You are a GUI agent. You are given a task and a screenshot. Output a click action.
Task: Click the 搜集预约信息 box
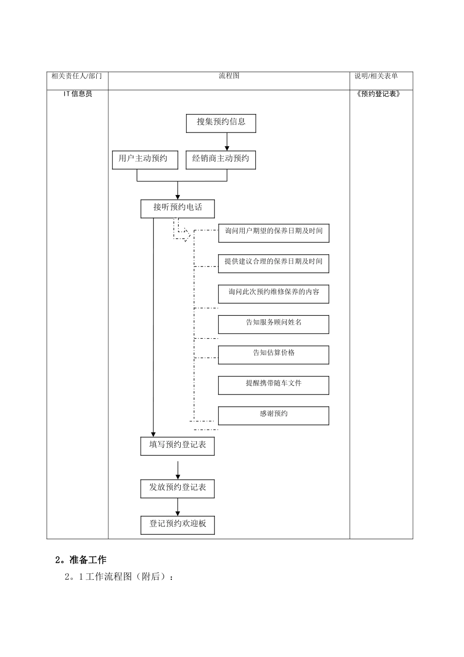coord(221,123)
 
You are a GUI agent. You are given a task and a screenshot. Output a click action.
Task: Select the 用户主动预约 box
coord(145,159)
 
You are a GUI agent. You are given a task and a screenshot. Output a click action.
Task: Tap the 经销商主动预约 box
coord(221,159)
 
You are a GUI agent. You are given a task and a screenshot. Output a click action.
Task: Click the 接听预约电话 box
coord(177,208)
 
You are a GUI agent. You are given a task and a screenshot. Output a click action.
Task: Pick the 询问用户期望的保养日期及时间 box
coord(274,233)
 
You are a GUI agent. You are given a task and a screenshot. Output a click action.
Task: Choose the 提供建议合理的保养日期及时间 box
coord(274,263)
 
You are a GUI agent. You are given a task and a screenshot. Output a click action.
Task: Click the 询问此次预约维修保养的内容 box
coord(274,294)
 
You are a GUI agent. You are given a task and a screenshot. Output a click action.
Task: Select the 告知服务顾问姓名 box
coord(274,324)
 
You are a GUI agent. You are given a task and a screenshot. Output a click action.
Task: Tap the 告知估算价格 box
coord(274,354)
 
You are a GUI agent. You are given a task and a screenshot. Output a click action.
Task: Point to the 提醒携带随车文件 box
coord(274,385)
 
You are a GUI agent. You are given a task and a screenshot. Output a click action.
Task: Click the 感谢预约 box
coord(274,416)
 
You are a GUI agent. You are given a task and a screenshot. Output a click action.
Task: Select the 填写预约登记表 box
coord(177,445)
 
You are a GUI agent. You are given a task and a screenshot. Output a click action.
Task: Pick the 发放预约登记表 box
coord(177,488)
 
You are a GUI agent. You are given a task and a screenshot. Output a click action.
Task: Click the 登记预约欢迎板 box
coord(177,525)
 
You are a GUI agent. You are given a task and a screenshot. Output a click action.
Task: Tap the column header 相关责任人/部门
coord(77,76)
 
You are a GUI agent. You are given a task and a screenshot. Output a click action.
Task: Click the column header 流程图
coord(229,76)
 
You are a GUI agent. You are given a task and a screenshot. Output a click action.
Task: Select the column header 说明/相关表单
coord(376,76)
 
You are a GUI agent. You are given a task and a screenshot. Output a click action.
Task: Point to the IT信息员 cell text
coord(78,94)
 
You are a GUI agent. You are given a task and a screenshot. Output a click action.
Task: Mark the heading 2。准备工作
coord(81,560)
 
